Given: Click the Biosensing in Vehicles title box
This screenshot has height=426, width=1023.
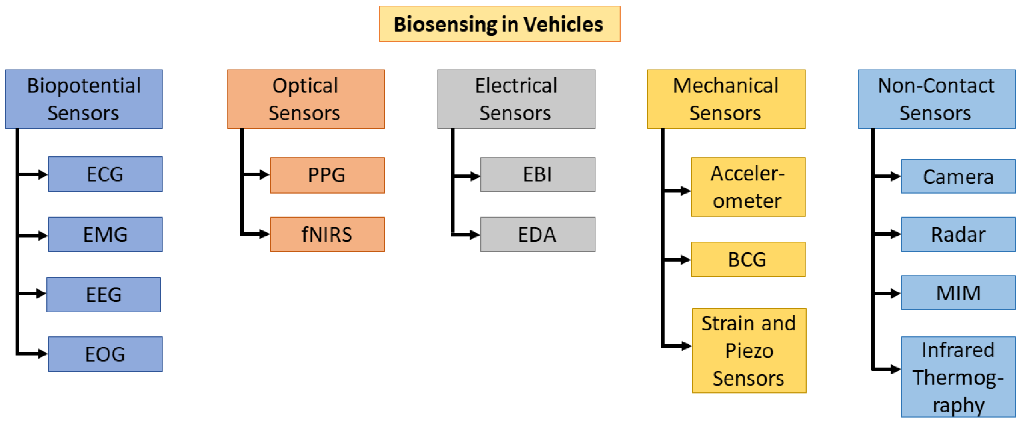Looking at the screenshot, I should (499, 24).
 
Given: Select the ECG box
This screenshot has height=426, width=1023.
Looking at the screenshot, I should (105, 174).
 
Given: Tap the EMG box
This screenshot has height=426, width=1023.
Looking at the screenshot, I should (105, 234).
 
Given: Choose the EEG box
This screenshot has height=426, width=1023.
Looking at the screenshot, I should (104, 294).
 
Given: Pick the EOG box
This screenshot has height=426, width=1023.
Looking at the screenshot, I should (105, 354).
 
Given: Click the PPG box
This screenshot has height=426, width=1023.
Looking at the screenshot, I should (327, 175).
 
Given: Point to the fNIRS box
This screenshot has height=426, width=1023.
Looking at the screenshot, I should (327, 234).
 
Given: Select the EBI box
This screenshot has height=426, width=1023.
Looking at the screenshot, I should (537, 174).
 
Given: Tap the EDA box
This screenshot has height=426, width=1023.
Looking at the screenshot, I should (537, 234).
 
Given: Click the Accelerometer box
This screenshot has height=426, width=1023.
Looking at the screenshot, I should (748, 187).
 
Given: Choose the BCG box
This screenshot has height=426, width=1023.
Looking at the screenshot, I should (748, 259).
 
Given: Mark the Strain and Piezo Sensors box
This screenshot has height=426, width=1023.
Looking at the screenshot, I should (749, 350).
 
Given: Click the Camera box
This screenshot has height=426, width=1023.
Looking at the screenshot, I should (958, 176).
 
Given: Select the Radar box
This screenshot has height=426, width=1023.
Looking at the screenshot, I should (958, 234).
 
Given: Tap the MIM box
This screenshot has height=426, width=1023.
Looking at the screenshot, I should (958, 292).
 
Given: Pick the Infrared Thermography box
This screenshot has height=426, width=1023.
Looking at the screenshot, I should (958, 377).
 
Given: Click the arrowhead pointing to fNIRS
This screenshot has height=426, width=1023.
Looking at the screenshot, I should (265, 234).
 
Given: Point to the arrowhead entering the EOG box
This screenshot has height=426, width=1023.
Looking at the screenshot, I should (42, 354).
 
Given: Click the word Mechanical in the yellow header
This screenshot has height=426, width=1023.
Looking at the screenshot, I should (725, 86).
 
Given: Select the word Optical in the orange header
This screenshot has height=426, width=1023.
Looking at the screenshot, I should (305, 86).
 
